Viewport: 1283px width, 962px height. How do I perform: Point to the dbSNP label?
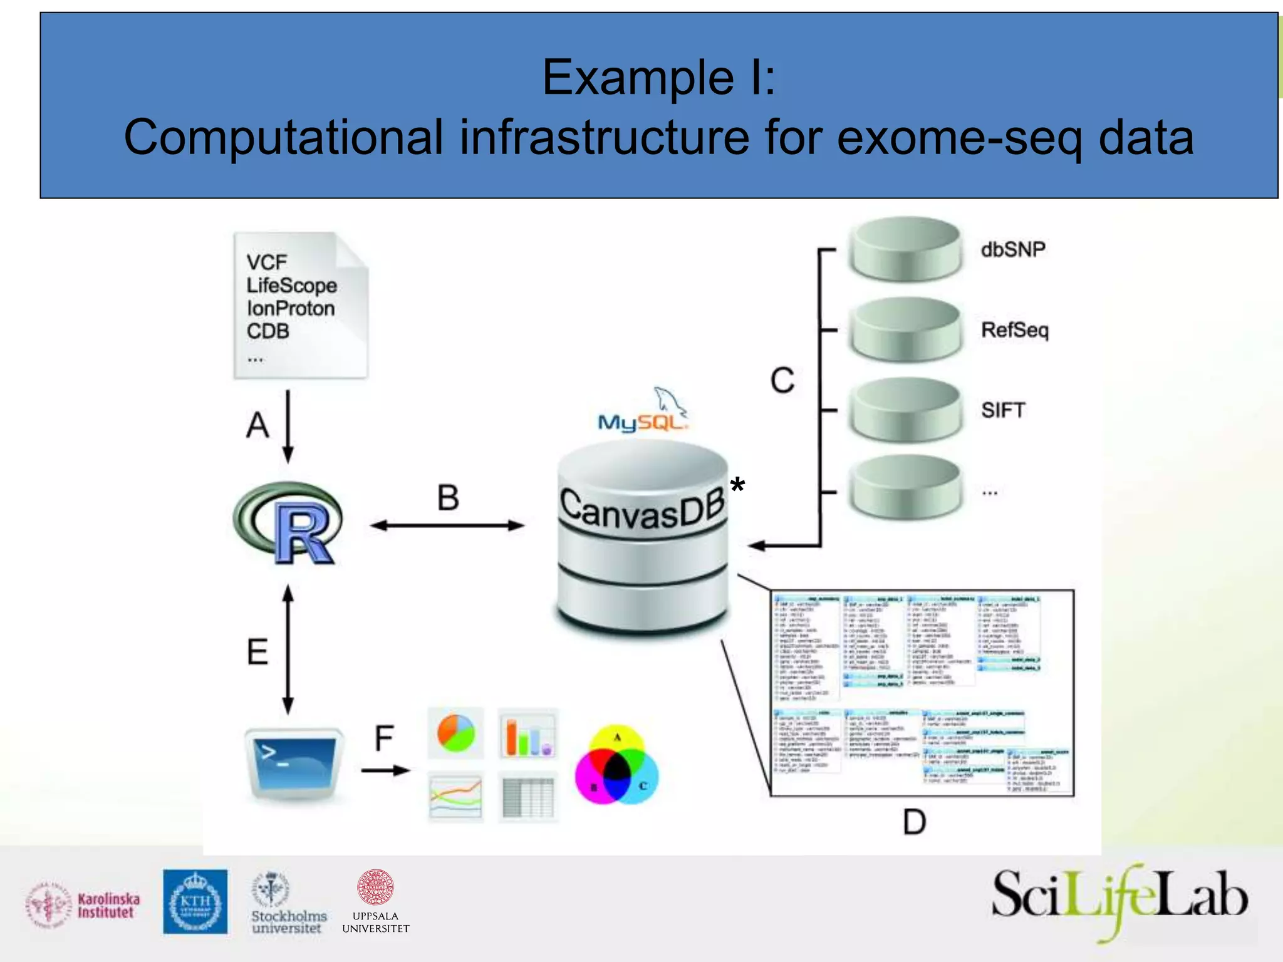pos(1012,249)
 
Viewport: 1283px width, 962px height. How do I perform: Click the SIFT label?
pos(1002,410)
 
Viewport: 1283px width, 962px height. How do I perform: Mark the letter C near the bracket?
pos(782,380)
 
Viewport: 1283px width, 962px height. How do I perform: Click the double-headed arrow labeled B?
pos(447,525)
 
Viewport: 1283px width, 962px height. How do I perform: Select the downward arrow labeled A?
pos(288,427)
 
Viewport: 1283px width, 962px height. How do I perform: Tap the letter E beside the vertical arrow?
pos(257,652)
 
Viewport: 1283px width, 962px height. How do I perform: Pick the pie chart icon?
pos(455,733)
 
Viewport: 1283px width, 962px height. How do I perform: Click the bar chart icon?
pos(527,733)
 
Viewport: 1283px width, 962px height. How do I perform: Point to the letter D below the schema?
pos(914,822)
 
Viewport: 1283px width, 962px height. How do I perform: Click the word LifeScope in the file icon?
pos(291,286)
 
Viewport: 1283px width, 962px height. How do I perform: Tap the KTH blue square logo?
pos(195,901)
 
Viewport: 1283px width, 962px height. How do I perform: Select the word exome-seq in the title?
pos(958,138)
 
